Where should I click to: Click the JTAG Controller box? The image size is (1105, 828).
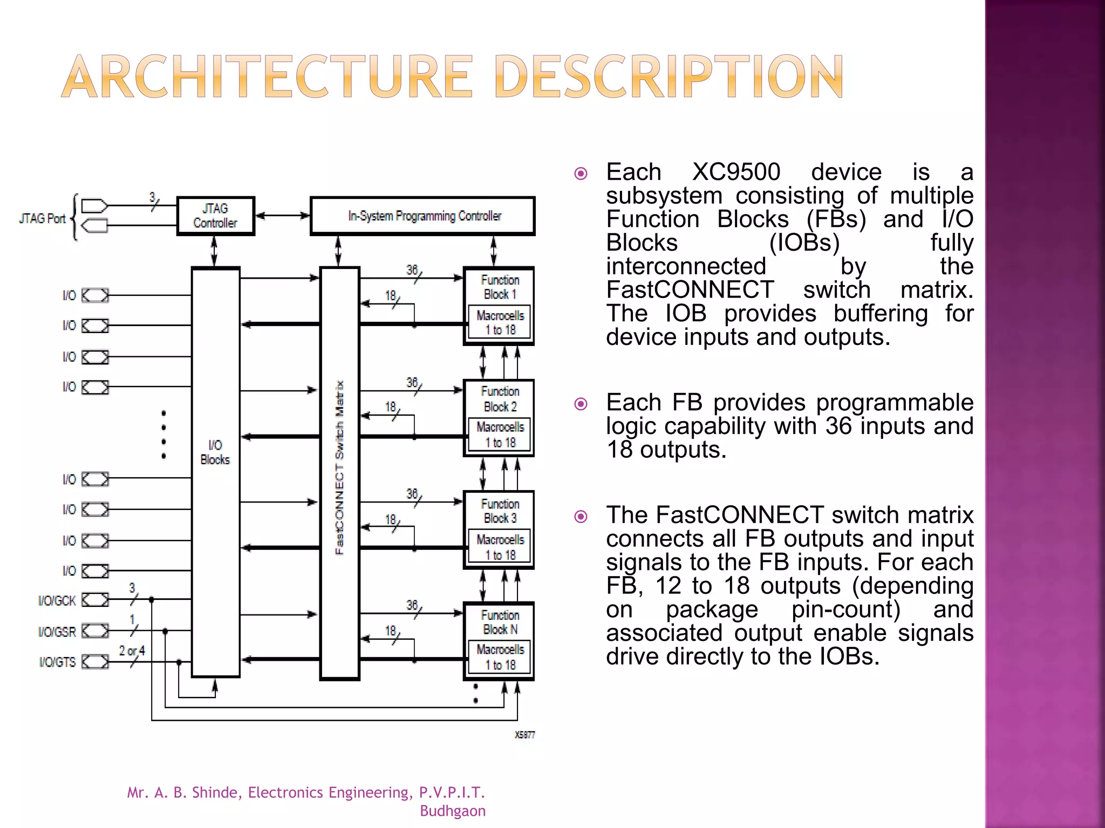[x=215, y=216]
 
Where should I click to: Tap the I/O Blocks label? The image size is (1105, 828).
[x=215, y=452]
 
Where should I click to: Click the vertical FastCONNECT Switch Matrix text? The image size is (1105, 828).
[x=339, y=467]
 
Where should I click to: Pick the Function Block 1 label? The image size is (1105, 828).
[x=500, y=287]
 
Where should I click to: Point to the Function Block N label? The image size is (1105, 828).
[x=500, y=622]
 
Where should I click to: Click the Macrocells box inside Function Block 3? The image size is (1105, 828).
[x=500, y=547]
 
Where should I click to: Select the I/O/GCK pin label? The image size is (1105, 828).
[x=57, y=601]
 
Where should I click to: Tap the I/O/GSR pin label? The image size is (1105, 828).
[x=57, y=631]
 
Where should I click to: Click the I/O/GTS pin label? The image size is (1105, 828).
[x=57, y=662]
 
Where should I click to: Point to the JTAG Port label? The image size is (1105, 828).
[x=42, y=218]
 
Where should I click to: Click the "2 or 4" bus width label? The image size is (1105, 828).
[x=132, y=651]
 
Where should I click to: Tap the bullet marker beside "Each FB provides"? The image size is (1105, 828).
[x=581, y=404]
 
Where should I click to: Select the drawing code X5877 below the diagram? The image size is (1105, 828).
[x=524, y=735]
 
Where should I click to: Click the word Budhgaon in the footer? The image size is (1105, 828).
[x=453, y=811]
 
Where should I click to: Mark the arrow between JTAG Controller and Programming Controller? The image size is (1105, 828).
[x=282, y=216]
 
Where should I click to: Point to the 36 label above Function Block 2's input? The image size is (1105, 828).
[x=412, y=382]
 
